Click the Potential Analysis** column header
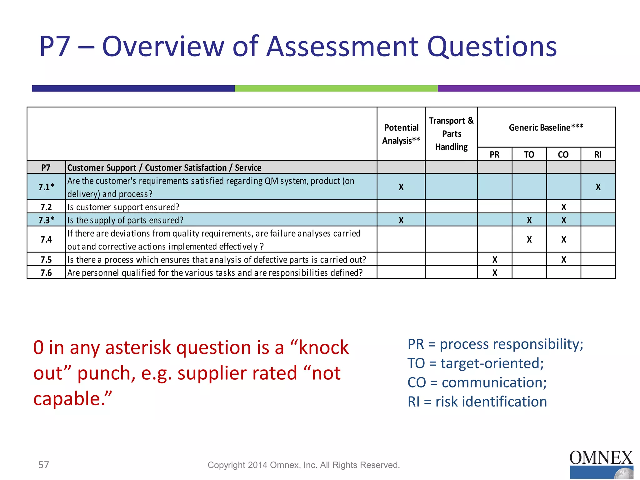pos(401,134)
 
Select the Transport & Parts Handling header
pos(451,134)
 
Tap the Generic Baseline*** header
pos(546,127)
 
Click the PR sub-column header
pos(494,155)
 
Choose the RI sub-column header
pos(598,155)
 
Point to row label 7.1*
pos(46,187)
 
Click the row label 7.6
pos(46,273)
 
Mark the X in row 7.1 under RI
pos(598,187)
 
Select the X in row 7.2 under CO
pos(563,207)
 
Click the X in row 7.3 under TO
pos(529,220)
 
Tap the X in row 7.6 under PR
pos(495,273)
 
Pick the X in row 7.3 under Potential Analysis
pos(401,220)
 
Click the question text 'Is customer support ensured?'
pos(123,207)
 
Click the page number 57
pos(44,465)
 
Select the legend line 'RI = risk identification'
pos(477,402)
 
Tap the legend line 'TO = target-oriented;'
pos(475,363)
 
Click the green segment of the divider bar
pos(336,88)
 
